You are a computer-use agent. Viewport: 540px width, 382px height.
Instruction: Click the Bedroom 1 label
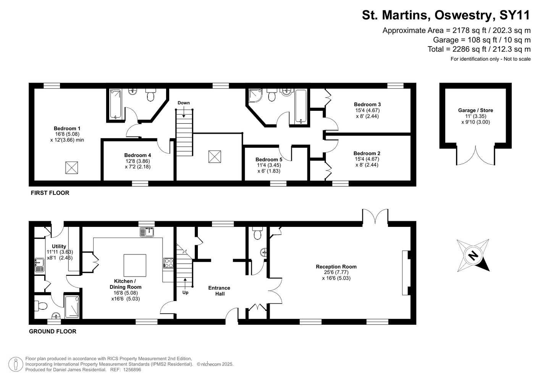point(67,128)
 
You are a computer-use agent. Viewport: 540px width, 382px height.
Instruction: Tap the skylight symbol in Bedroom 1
point(71,168)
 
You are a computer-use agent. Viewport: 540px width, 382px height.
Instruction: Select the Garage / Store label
point(475,110)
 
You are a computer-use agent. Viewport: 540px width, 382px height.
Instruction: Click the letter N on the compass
point(473,256)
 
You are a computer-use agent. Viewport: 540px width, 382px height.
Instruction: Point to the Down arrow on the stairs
point(184,113)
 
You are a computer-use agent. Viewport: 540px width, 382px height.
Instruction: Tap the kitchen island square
point(135,265)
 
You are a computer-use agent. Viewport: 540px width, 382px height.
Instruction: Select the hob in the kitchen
point(168,263)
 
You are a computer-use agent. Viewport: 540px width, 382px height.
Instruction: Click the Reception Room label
point(336,267)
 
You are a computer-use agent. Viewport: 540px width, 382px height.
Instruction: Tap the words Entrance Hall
point(219,291)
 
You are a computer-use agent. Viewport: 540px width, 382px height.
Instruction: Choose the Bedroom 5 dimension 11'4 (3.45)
point(269,165)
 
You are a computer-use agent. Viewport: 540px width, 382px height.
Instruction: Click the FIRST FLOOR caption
point(50,193)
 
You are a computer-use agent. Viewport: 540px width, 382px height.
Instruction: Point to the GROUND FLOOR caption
point(53,331)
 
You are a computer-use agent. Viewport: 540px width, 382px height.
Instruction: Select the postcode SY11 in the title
point(514,15)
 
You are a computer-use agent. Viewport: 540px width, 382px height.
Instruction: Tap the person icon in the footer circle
point(16,364)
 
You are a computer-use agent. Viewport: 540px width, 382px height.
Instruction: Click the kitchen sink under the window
point(147,232)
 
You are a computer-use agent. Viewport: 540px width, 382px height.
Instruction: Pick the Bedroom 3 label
point(367,104)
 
